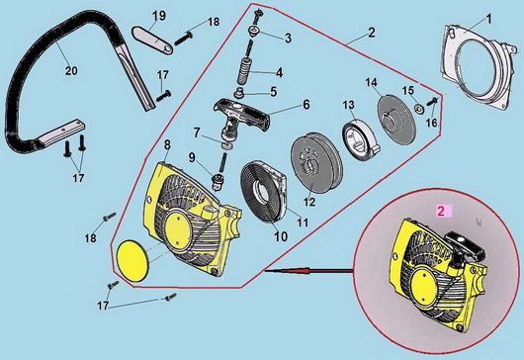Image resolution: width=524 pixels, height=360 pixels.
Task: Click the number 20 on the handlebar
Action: coord(71,71)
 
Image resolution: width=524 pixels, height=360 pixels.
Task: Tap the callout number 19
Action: coord(158,16)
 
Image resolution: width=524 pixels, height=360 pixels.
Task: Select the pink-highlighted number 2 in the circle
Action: coord(441,212)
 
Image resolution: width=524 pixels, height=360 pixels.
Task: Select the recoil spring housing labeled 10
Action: coord(263,191)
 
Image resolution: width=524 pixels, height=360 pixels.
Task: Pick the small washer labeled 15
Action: coord(418,108)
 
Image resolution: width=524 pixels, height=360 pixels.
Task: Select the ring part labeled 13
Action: coord(359,141)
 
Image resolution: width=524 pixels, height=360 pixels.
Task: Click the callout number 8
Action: coord(167,144)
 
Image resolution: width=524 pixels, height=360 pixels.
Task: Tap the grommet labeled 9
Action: coord(217,181)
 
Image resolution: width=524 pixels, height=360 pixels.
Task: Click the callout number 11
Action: coord(303,223)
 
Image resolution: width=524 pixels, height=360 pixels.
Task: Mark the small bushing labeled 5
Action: coord(239,92)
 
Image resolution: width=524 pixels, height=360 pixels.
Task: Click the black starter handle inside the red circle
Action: coord(465,245)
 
